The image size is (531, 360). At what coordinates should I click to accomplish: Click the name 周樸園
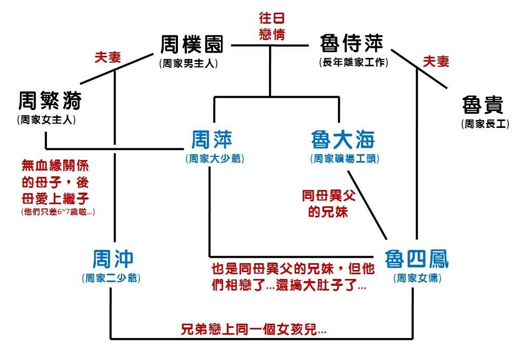192,44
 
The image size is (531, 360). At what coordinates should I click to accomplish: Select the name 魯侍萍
352,43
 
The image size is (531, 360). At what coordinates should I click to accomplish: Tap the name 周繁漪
50,101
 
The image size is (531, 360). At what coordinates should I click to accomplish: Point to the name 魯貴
483,105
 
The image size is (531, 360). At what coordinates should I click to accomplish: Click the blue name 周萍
212,139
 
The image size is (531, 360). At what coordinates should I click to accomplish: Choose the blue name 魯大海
343,139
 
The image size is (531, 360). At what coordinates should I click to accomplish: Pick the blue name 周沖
113,259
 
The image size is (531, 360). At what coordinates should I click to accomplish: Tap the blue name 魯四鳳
416,259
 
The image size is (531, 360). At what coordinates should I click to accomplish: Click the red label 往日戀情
272,26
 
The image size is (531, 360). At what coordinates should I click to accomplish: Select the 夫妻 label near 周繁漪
108,57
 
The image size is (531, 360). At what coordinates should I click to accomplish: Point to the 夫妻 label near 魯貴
436,61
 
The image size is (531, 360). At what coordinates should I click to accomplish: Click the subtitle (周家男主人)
188,63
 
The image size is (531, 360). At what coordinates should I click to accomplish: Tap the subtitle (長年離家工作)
354,62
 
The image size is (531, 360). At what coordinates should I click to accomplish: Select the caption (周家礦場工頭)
345,158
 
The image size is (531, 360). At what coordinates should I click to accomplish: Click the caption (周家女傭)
417,278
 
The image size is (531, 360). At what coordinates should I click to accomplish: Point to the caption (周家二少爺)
111,278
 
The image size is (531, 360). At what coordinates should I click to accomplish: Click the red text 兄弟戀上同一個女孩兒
253,329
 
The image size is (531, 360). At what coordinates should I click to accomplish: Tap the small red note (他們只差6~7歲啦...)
58,212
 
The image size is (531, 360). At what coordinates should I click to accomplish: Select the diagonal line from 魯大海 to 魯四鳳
367,205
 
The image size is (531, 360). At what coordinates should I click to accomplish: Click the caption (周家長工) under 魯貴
485,124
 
